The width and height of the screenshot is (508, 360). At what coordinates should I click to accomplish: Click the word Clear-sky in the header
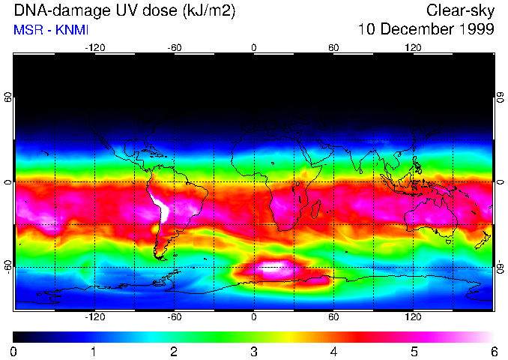(460, 10)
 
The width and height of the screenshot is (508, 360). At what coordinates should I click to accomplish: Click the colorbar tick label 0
(14, 351)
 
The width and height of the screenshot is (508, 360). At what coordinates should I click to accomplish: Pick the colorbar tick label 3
(253, 351)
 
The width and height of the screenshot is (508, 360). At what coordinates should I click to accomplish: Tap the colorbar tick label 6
(493, 351)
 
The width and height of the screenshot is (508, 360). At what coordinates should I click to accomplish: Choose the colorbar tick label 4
(333, 351)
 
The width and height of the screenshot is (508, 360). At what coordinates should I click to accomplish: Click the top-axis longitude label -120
(94, 47)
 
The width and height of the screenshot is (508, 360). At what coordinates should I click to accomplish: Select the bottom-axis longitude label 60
(333, 316)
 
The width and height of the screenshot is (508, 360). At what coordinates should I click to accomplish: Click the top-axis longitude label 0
(254, 47)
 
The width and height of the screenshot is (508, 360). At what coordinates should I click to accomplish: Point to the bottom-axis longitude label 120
(413, 316)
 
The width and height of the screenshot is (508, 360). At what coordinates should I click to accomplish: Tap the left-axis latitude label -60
(7, 267)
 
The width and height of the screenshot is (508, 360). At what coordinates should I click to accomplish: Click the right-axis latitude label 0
(500, 182)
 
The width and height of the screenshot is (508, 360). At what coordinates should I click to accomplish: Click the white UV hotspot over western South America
(160, 205)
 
